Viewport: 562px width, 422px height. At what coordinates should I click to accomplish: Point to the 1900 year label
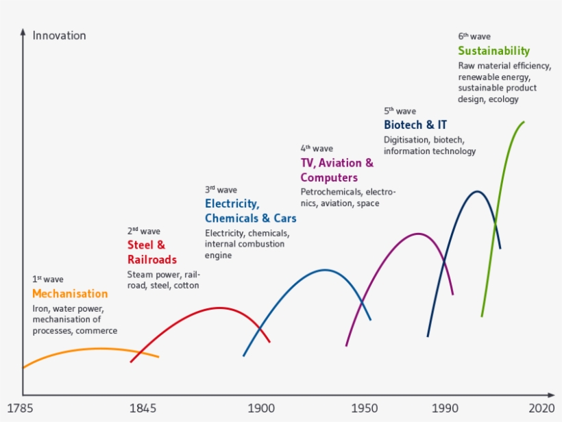point(260,409)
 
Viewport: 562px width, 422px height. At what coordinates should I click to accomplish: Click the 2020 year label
point(541,409)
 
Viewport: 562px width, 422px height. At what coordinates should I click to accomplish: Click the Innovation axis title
point(59,36)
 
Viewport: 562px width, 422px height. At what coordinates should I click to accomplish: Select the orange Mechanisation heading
point(70,294)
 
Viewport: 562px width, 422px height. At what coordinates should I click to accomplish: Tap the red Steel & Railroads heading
point(151,252)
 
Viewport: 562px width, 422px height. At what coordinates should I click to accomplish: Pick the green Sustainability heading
point(493,51)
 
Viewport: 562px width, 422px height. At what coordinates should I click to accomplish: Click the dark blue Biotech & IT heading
point(415,125)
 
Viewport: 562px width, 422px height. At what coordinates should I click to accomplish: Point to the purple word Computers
point(329,178)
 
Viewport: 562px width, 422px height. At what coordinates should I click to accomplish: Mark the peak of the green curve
point(524,123)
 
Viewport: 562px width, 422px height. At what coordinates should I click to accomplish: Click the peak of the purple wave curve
point(418,234)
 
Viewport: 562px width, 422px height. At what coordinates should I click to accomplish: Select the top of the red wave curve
point(219,308)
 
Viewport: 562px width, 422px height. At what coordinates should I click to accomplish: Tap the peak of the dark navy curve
point(478,191)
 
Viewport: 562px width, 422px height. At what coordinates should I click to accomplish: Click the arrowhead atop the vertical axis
point(23,32)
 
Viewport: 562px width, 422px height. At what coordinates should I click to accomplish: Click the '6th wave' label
point(474,36)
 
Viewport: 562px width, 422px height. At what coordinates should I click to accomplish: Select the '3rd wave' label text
point(221,190)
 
